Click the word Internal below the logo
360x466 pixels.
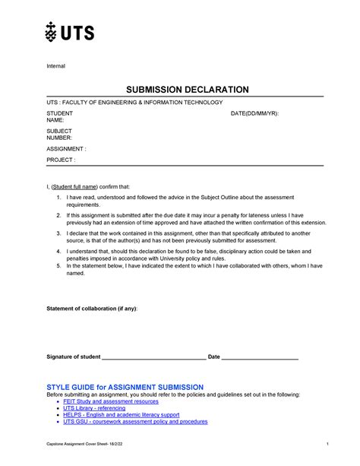click(x=56, y=66)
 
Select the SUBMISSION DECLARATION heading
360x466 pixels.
click(x=187, y=90)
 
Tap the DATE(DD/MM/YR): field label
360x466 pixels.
click(x=254, y=113)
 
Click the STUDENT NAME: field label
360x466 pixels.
click(x=60, y=116)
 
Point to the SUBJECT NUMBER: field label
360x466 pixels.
click(x=60, y=135)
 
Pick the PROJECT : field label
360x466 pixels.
click(x=62, y=160)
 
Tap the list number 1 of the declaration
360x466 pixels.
click(x=58, y=196)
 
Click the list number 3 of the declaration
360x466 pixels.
click(x=58, y=231)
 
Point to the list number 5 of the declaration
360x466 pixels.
click(x=58, y=266)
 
